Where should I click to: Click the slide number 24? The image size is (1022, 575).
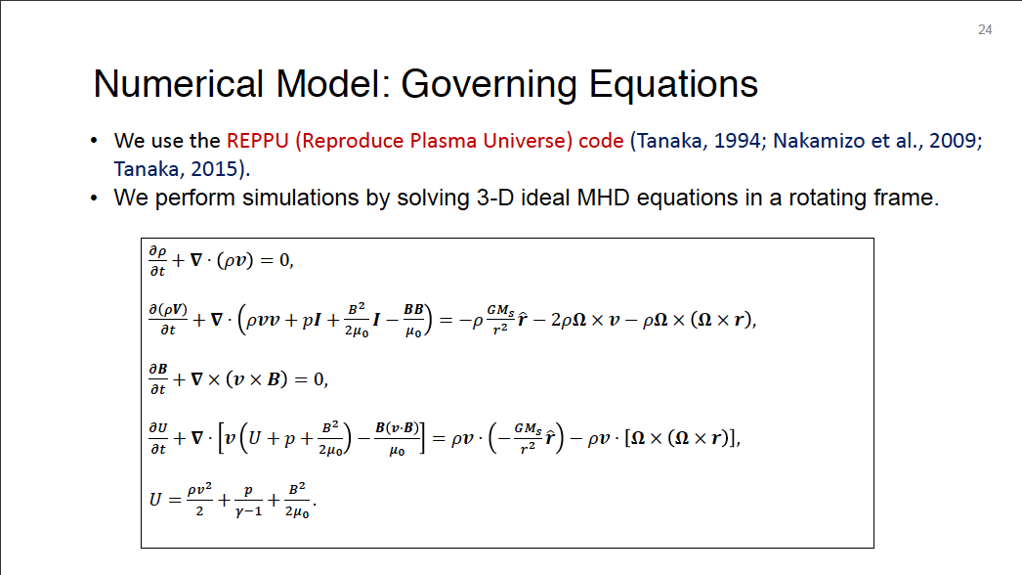pyautogui.click(x=985, y=30)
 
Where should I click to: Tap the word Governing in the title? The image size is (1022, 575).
pyautogui.click(x=489, y=85)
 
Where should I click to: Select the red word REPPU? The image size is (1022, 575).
pyautogui.click(x=258, y=141)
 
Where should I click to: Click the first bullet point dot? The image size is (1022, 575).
pyautogui.click(x=95, y=141)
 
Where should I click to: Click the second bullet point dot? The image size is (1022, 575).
pyautogui.click(x=95, y=198)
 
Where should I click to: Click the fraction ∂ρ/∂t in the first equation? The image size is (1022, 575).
pyautogui.click(x=157, y=261)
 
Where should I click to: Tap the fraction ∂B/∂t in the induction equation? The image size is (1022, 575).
pyautogui.click(x=157, y=379)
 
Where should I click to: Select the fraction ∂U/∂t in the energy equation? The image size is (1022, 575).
pyautogui.click(x=157, y=438)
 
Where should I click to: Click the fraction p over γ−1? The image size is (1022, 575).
pyautogui.click(x=248, y=502)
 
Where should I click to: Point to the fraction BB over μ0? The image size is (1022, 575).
pyautogui.click(x=414, y=320)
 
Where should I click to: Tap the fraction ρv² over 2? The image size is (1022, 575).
pyautogui.click(x=199, y=500)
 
